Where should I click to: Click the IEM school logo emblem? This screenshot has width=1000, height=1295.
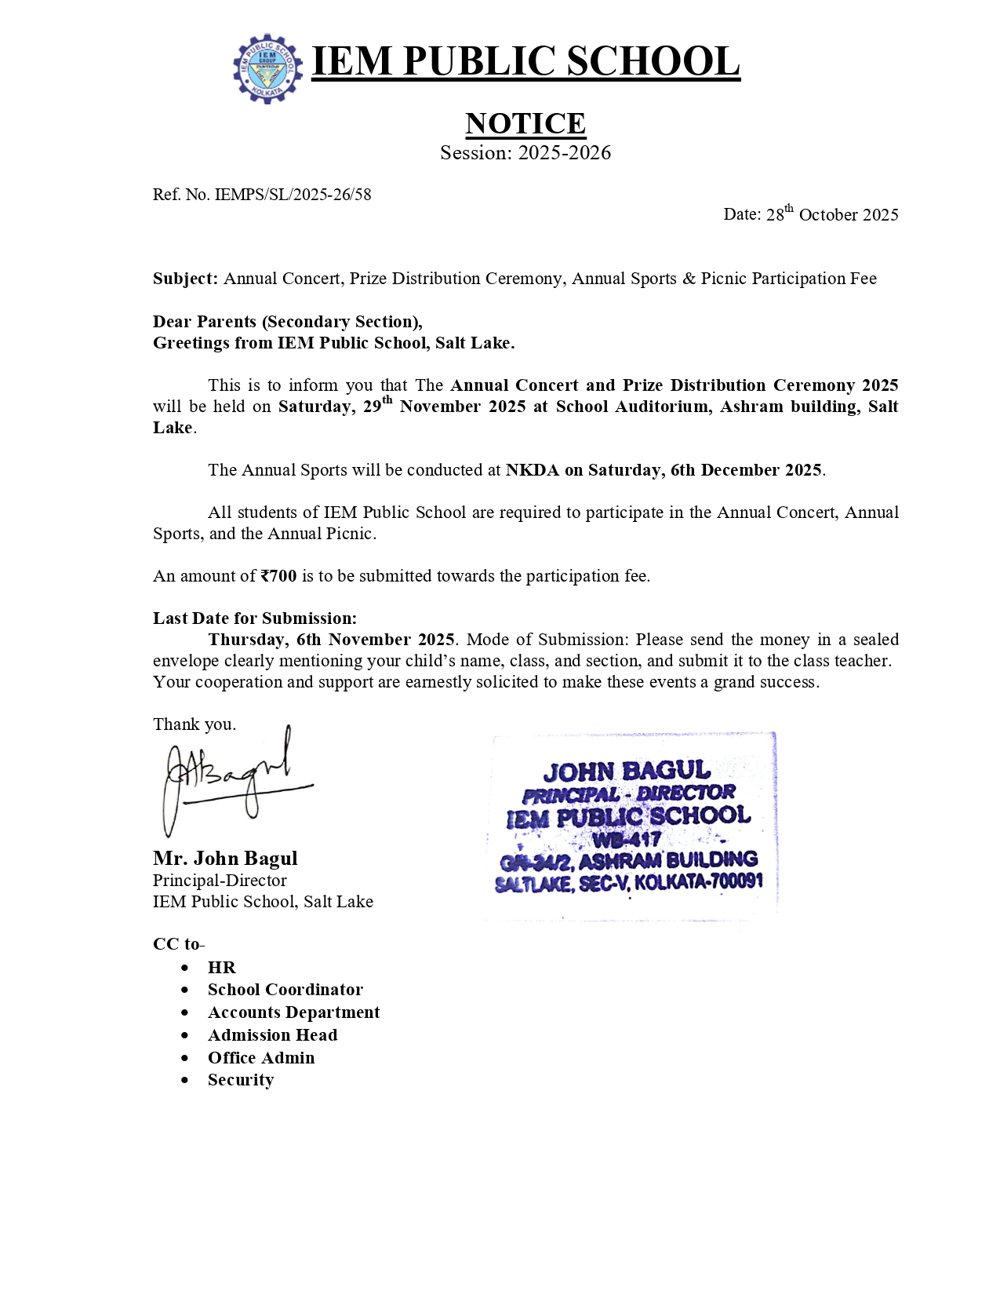pyautogui.click(x=267, y=68)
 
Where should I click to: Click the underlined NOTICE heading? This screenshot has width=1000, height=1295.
pyautogui.click(x=525, y=123)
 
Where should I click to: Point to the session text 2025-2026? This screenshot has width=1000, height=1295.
pyautogui.click(x=564, y=153)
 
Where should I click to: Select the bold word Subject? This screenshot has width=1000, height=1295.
pyautogui.click(x=185, y=279)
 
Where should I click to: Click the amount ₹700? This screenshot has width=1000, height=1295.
pyautogui.click(x=278, y=576)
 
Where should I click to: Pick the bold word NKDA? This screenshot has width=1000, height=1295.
pyautogui.click(x=532, y=470)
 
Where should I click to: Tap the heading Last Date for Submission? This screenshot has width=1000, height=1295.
pyautogui.click(x=255, y=618)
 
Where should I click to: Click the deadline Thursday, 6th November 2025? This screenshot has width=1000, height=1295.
pyautogui.click(x=331, y=640)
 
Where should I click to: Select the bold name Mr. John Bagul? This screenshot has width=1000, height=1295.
pyautogui.click(x=225, y=859)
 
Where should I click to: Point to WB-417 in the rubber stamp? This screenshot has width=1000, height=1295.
pyautogui.click(x=627, y=839)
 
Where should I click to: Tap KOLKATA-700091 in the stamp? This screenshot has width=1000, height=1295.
pyautogui.click(x=698, y=881)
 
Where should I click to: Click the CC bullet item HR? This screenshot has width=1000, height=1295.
pyautogui.click(x=221, y=968)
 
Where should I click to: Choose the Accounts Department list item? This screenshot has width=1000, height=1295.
pyautogui.click(x=293, y=1012)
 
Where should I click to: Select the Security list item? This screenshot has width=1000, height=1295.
pyautogui.click(x=241, y=1080)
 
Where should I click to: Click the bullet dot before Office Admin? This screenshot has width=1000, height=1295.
pyautogui.click(x=185, y=1059)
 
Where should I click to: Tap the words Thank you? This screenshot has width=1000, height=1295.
pyautogui.click(x=194, y=724)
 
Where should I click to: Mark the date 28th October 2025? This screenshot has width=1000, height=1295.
pyautogui.click(x=831, y=214)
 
